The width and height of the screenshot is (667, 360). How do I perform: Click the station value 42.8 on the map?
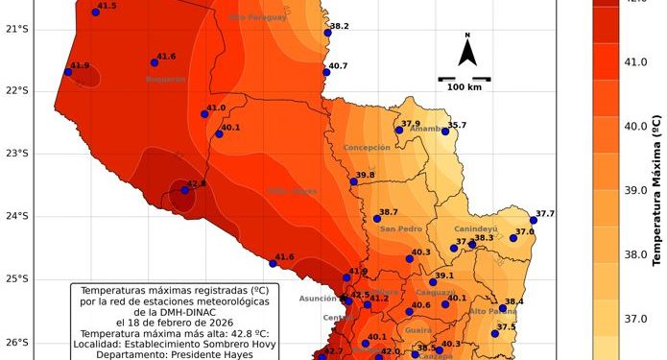196,182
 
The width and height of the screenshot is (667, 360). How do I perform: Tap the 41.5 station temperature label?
107,6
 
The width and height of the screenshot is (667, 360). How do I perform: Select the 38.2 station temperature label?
339,26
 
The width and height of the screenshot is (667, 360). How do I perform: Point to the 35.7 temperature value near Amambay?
457,125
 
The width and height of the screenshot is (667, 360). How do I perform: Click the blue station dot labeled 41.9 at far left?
67,72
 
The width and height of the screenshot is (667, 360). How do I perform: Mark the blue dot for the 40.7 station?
326,72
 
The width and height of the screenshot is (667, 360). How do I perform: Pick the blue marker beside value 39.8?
353,180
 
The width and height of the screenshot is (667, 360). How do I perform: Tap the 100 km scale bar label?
466,87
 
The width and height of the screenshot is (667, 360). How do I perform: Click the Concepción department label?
367,148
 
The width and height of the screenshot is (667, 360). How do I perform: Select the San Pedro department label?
401,229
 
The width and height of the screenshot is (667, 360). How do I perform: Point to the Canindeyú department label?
476,229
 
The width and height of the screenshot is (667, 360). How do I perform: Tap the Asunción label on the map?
318,299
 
